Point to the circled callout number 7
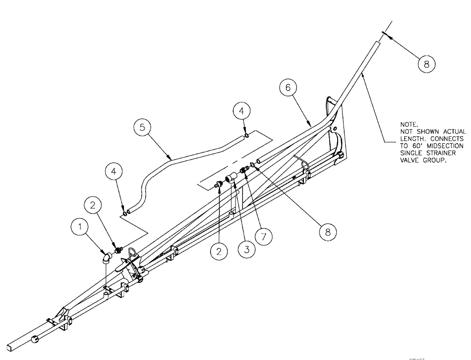pos(264,236)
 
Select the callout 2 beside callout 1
pos(93,205)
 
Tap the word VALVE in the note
pos(408,160)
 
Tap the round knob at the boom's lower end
pos(35,338)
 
